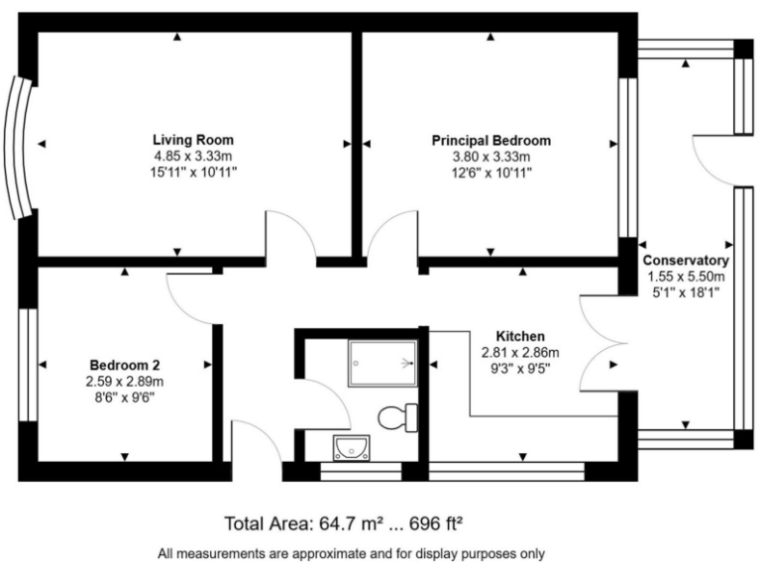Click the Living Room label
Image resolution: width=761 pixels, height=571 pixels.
(x=193, y=140)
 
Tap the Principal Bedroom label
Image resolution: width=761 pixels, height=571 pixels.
(x=490, y=141)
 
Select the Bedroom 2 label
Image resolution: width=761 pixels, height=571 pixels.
(x=124, y=363)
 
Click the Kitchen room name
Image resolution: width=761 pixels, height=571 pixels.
(x=520, y=336)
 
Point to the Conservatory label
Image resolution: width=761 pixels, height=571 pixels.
(x=686, y=261)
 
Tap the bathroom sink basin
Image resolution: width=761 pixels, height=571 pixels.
(x=351, y=447)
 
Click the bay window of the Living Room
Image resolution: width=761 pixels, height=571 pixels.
(x=21, y=148)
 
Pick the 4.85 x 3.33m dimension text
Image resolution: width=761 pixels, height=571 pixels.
(x=193, y=157)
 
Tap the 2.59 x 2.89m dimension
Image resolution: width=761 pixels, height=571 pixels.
(x=125, y=380)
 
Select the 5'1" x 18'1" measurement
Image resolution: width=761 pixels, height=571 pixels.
(x=686, y=292)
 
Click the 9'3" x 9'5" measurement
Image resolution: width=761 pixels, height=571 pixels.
(x=520, y=369)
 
